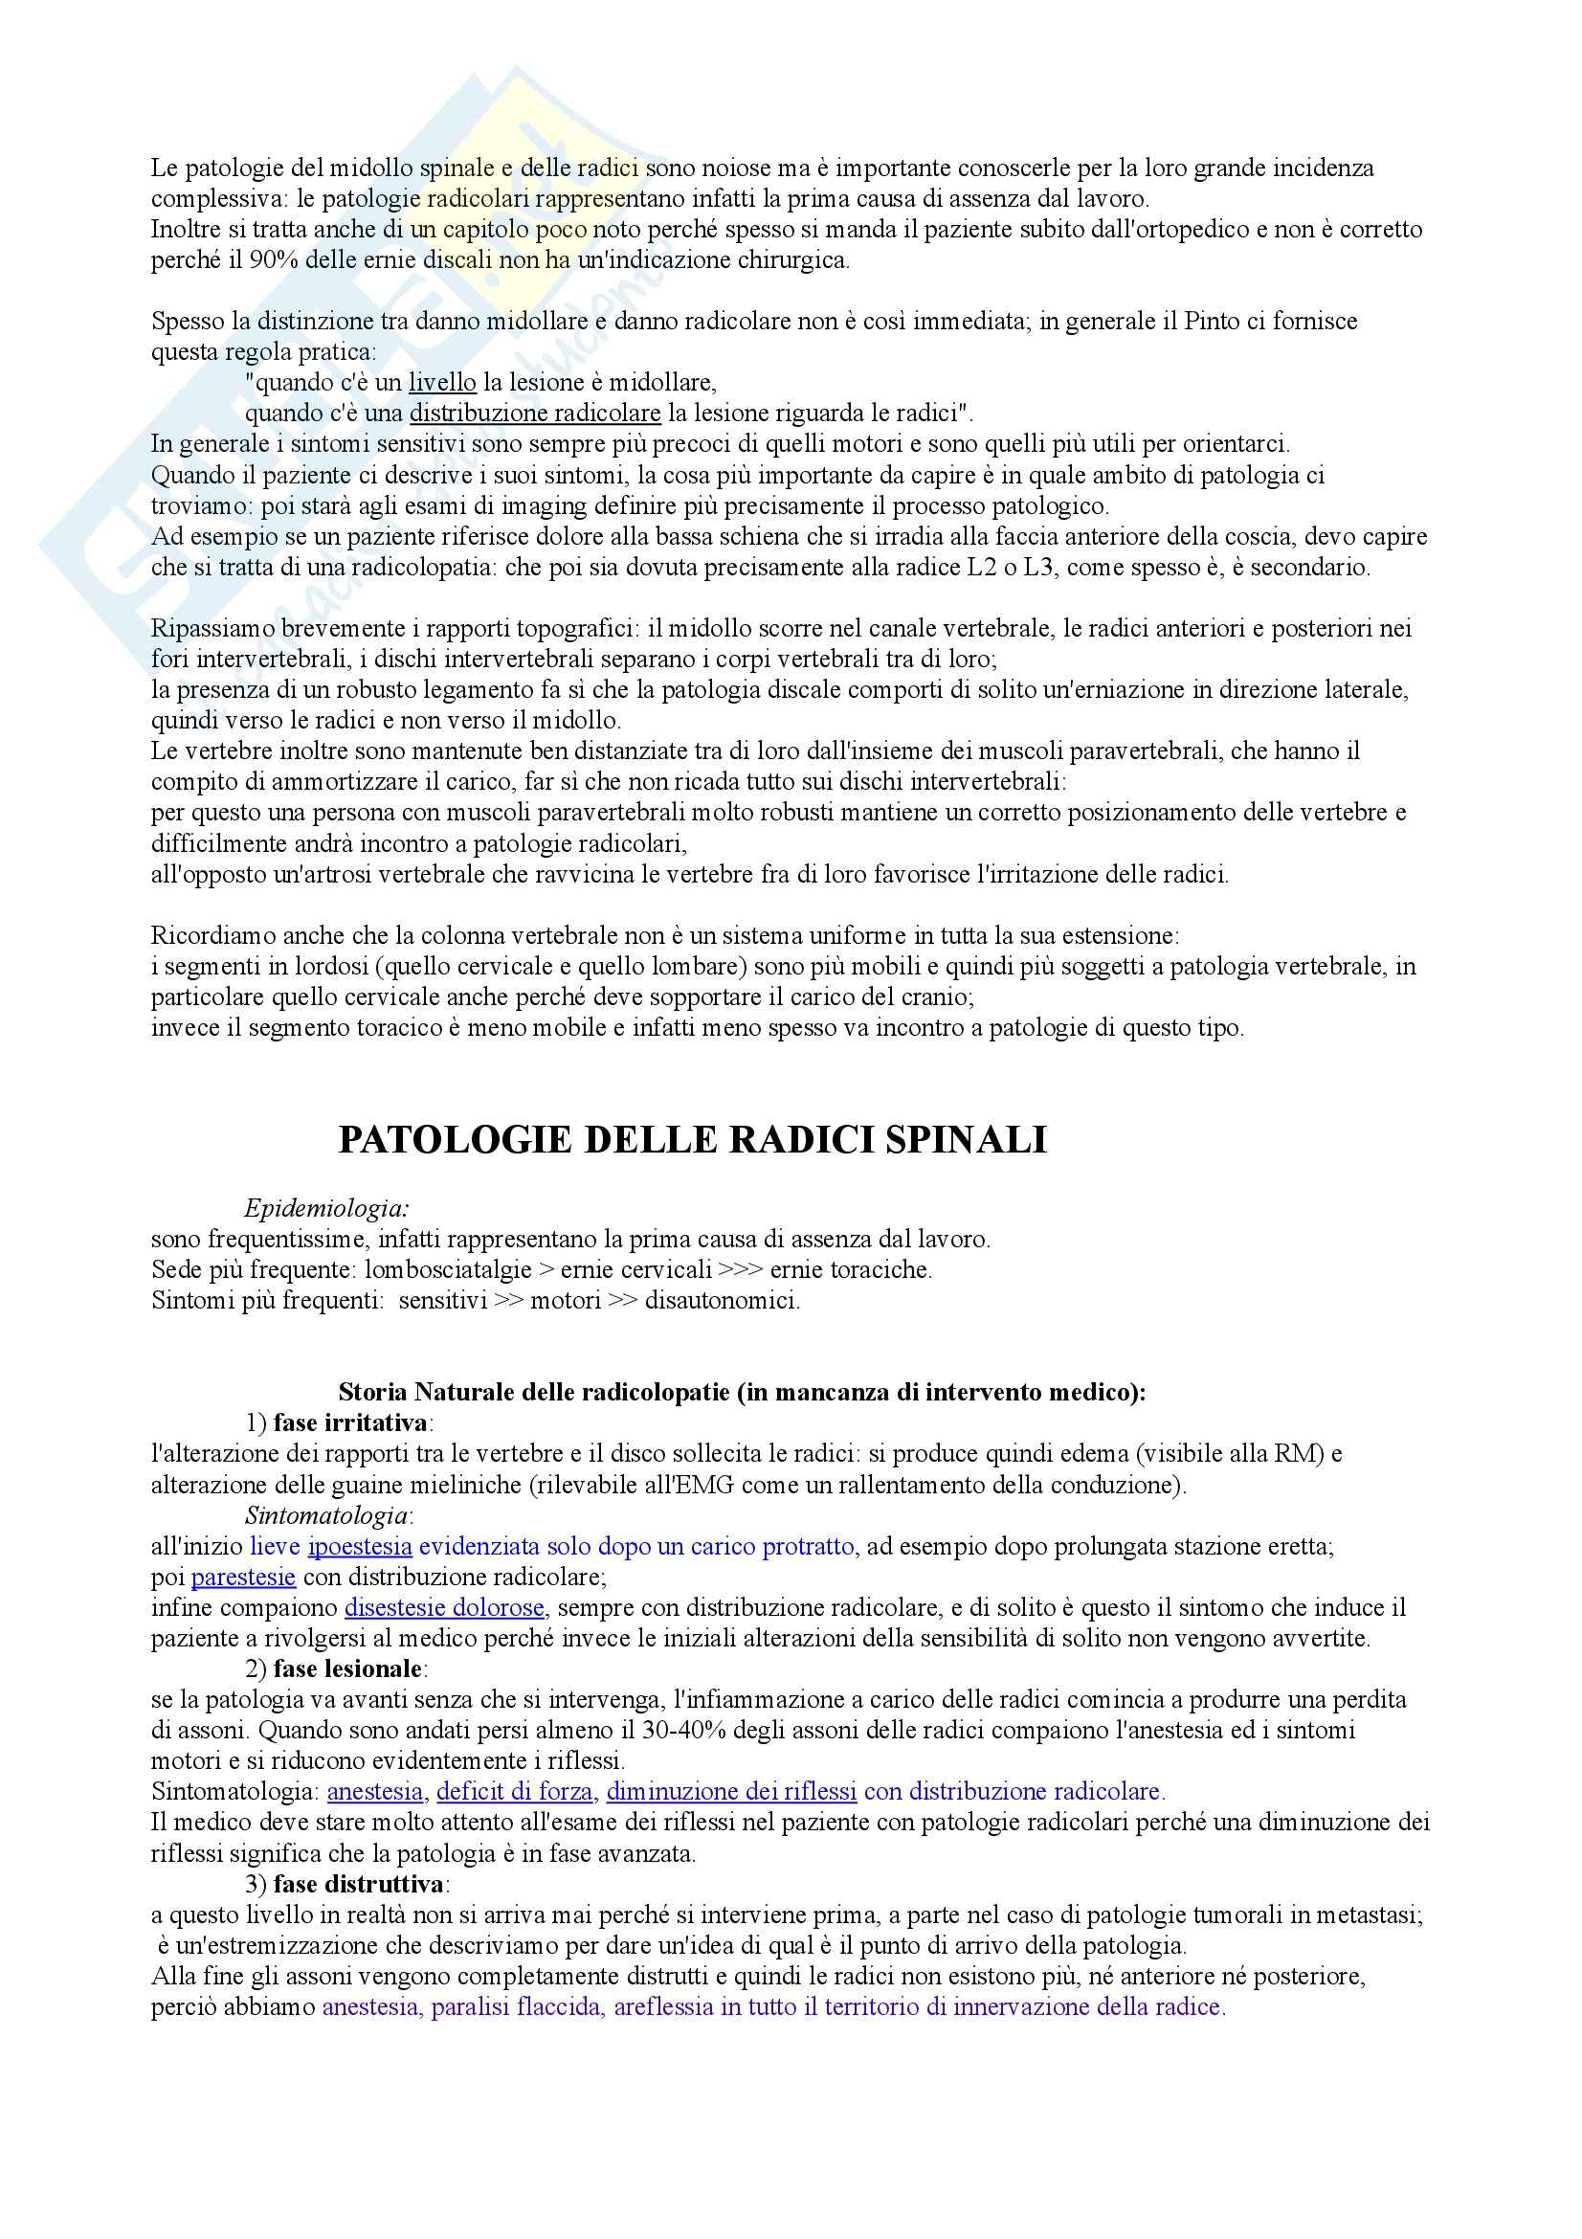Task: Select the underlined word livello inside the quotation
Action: coord(441,382)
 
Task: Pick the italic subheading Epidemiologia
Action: coord(326,1208)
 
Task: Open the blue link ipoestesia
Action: coord(360,1546)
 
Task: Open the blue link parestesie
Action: coord(244,1577)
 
